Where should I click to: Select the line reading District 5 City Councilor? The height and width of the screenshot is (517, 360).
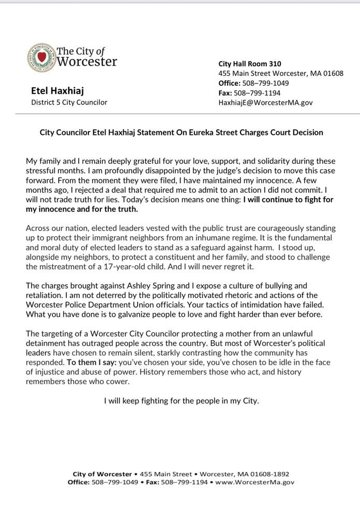(x=69, y=102)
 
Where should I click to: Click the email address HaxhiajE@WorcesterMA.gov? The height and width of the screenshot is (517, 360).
(x=265, y=102)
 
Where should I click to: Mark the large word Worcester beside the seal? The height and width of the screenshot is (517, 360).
(x=86, y=63)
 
